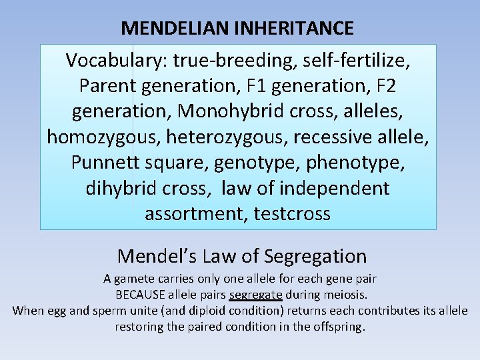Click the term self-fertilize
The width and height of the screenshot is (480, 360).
357,61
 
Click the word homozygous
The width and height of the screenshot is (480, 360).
103,137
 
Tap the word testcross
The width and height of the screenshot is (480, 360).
292,214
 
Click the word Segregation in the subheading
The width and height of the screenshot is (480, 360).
315,256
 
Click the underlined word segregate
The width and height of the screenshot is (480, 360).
255,294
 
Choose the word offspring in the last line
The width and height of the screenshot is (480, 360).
339,327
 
